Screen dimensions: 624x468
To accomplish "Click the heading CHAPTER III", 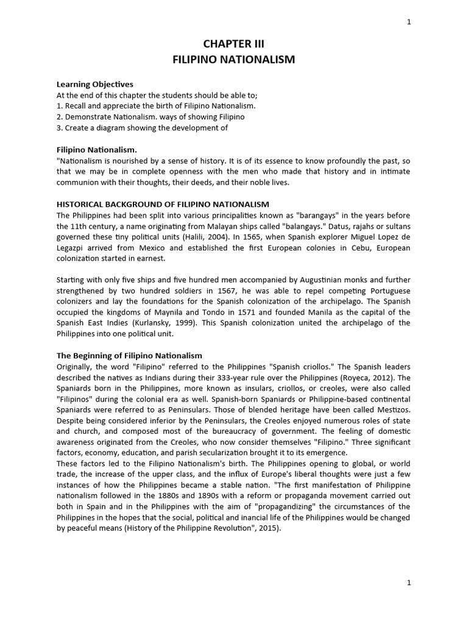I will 233,44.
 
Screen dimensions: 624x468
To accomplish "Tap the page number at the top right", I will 409,22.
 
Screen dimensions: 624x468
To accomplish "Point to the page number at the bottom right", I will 409,583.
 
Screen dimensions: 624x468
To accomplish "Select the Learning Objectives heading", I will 94,84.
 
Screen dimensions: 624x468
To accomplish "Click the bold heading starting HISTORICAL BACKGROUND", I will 163,204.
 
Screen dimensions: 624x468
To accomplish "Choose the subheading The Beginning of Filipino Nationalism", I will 129,355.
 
